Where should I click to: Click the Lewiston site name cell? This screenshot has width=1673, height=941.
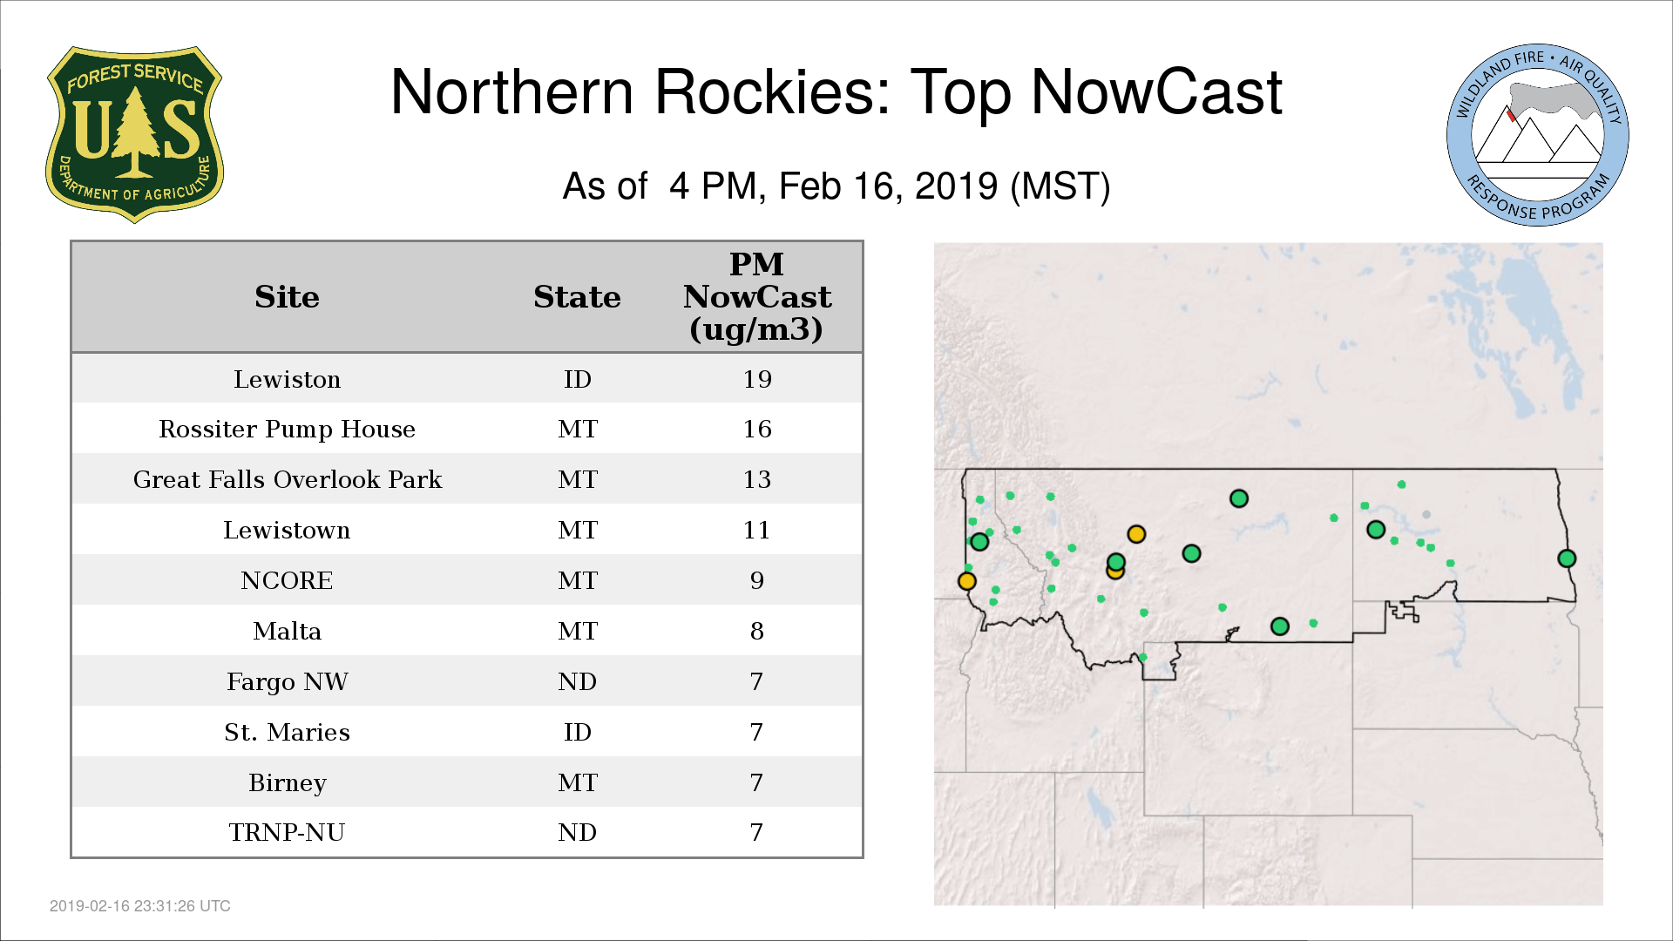(x=287, y=379)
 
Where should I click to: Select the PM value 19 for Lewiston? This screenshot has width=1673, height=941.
(x=757, y=379)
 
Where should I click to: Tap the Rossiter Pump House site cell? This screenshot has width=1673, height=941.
(x=287, y=429)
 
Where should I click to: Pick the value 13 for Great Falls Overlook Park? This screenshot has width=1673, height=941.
(x=757, y=479)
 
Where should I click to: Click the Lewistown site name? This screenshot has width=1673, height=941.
(x=287, y=530)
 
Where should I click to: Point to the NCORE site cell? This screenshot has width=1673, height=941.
(x=287, y=580)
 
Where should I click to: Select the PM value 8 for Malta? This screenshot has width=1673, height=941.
(x=757, y=631)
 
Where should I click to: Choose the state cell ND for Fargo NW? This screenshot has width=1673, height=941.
(x=577, y=681)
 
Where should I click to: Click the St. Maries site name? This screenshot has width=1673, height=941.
(x=287, y=732)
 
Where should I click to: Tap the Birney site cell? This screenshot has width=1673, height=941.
(x=287, y=782)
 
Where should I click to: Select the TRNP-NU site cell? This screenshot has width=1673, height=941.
(x=287, y=832)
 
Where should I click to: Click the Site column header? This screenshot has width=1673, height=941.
(x=287, y=296)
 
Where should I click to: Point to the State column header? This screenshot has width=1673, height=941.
(x=577, y=296)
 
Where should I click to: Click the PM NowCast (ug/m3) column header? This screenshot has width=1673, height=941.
(x=757, y=296)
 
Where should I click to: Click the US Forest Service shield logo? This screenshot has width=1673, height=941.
(x=134, y=134)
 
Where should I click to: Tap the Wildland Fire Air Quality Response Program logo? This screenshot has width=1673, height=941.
(x=1538, y=135)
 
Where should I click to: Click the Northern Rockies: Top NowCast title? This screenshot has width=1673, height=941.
(x=836, y=91)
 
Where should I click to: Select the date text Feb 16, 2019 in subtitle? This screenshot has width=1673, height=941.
(x=888, y=186)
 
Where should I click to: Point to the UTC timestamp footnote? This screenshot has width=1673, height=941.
(x=140, y=906)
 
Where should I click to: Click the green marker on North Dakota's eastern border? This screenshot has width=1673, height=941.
(x=1567, y=559)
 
